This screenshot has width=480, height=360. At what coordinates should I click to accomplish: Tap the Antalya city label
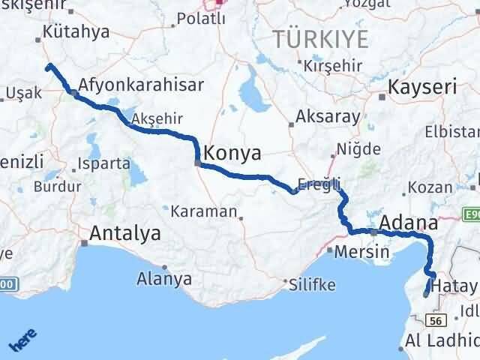[124, 234]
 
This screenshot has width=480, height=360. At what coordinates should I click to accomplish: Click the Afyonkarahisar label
[140, 85]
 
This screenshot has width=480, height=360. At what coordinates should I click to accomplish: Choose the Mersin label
[362, 252]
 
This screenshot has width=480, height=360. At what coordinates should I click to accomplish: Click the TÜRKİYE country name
[321, 38]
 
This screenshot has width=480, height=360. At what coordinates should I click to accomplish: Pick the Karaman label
[203, 211]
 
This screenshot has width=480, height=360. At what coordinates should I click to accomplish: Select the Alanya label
[163, 279]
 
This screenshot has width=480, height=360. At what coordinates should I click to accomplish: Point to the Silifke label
[312, 284]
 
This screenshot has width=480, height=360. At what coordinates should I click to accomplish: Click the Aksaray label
[328, 117]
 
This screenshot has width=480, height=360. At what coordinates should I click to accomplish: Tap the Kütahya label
[76, 32]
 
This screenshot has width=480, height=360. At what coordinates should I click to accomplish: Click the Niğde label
[360, 148]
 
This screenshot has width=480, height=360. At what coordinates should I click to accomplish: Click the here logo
[23, 341]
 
